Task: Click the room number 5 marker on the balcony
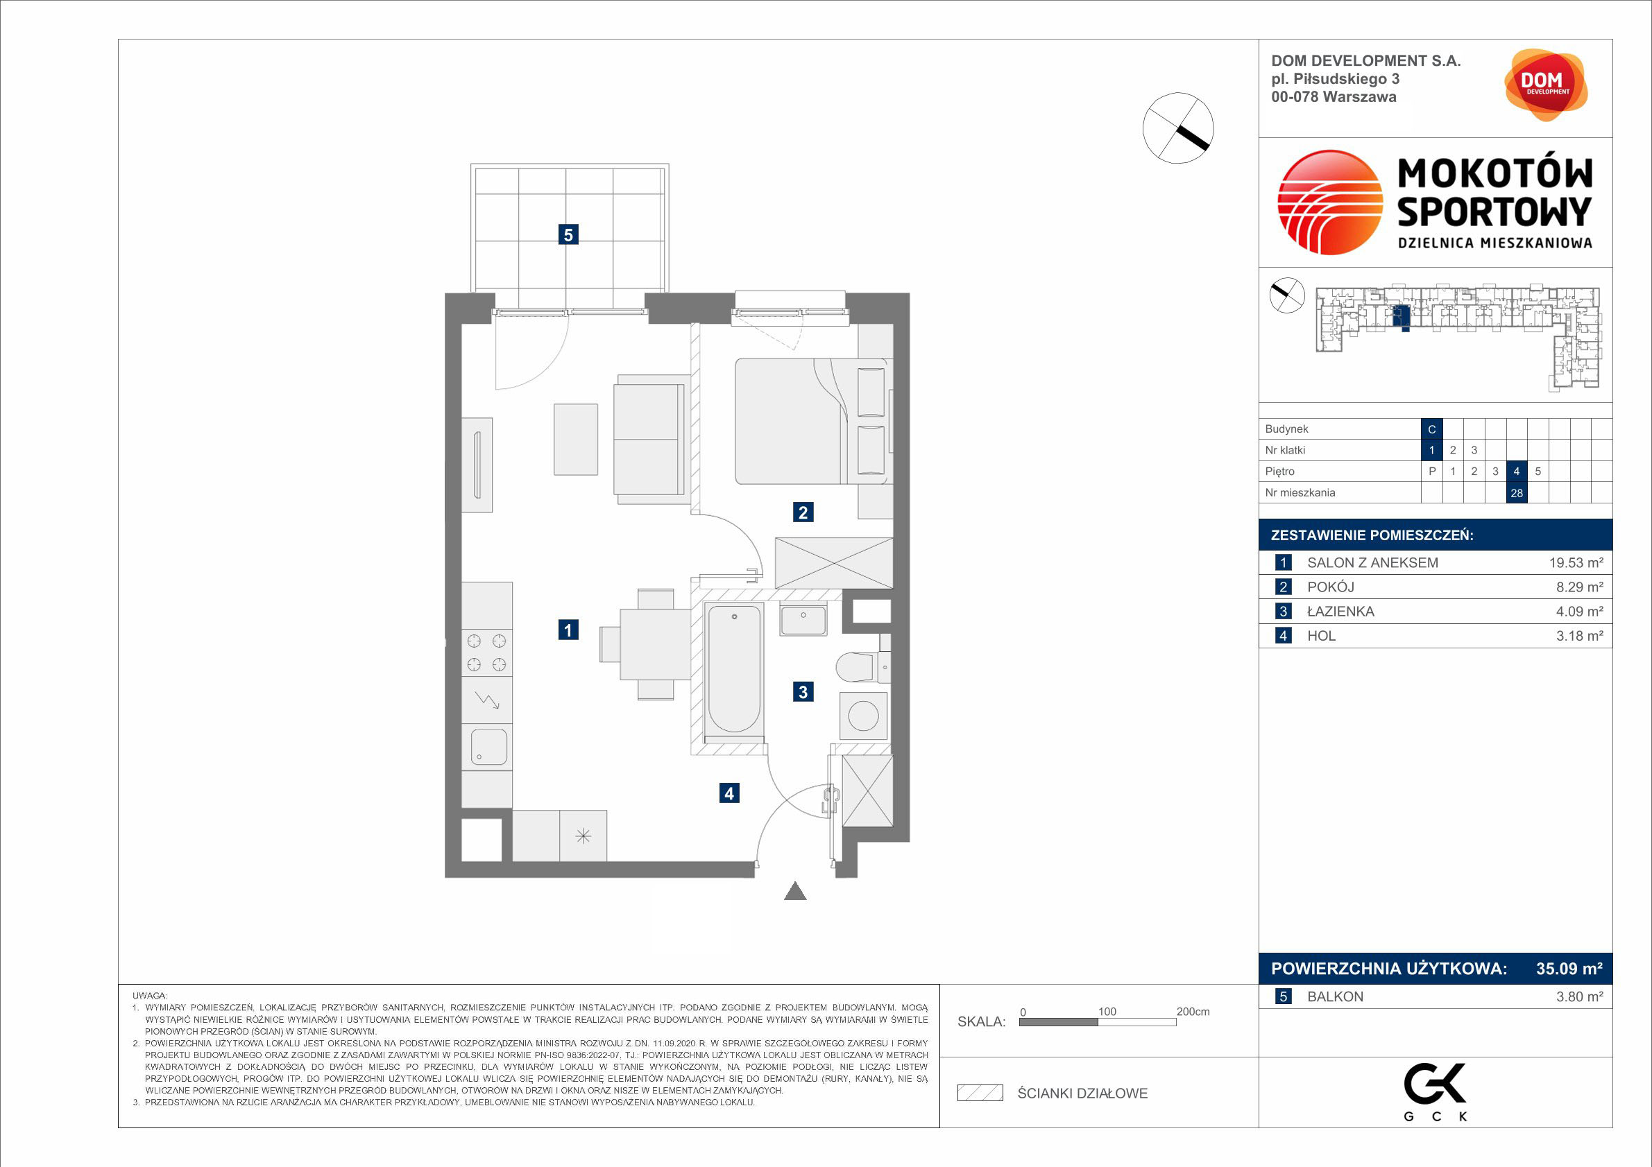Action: pyautogui.click(x=568, y=234)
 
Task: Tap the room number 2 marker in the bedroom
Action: pyautogui.click(x=803, y=512)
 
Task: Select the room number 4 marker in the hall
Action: pyautogui.click(x=729, y=793)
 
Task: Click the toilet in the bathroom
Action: pyautogui.click(x=862, y=666)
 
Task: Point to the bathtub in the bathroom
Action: pyautogui.click(x=734, y=668)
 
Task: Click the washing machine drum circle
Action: pyautogui.click(x=862, y=716)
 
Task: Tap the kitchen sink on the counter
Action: pyautogui.click(x=488, y=747)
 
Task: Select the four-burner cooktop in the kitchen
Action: pyautogui.click(x=486, y=652)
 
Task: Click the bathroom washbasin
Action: pyautogui.click(x=803, y=621)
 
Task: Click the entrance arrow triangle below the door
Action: pyautogui.click(x=795, y=891)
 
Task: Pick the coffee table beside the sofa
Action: pyautogui.click(x=576, y=440)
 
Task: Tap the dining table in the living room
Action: pyautogui.click(x=656, y=644)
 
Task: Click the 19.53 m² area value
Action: pyautogui.click(x=1576, y=563)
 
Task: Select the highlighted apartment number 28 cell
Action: pyautogui.click(x=1517, y=493)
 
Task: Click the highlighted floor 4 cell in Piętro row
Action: pyautogui.click(x=1517, y=472)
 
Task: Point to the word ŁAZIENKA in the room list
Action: pyautogui.click(x=1340, y=611)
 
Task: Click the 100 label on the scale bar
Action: pyautogui.click(x=1107, y=1012)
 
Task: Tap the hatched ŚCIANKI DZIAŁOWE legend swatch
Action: pyautogui.click(x=980, y=1093)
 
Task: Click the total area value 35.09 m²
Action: pyautogui.click(x=1569, y=969)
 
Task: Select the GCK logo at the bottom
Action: pyautogui.click(x=1436, y=1092)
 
